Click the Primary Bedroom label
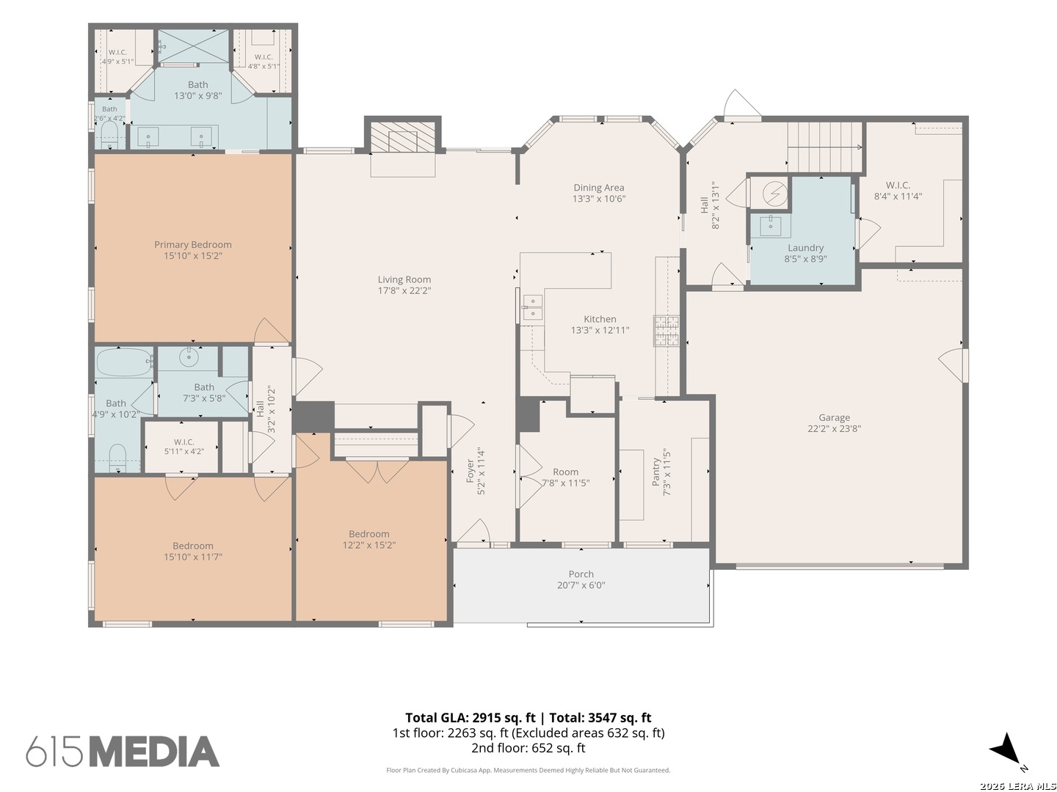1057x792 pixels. point(192,244)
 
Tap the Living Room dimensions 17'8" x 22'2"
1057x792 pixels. point(404,290)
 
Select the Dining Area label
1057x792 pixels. point(598,188)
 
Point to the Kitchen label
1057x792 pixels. point(600,319)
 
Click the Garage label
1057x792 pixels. point(834,417)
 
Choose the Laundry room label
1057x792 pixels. point(805,248)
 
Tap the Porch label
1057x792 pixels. point(581,573)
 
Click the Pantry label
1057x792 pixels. point(655,472)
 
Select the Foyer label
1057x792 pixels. point(470,471)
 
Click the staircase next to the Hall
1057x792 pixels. point(825,147)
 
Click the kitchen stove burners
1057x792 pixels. point(666,330)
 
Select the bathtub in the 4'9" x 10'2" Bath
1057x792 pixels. point(124,362)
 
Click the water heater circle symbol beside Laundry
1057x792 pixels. point(775,193)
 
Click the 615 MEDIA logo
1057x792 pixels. point(123,751)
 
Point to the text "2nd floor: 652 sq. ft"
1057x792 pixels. point(528,748)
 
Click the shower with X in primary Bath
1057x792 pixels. point(194,46)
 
